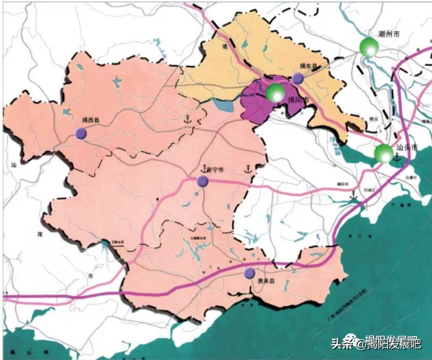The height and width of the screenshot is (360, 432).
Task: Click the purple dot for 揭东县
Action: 298,79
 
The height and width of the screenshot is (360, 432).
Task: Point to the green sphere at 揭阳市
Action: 275,93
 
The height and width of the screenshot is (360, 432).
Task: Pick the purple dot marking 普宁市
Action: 202,181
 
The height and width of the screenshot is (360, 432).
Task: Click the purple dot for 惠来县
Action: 249,273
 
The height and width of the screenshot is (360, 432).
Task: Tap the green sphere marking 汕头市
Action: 383,154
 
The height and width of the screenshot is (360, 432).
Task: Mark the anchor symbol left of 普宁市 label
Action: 203,169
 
